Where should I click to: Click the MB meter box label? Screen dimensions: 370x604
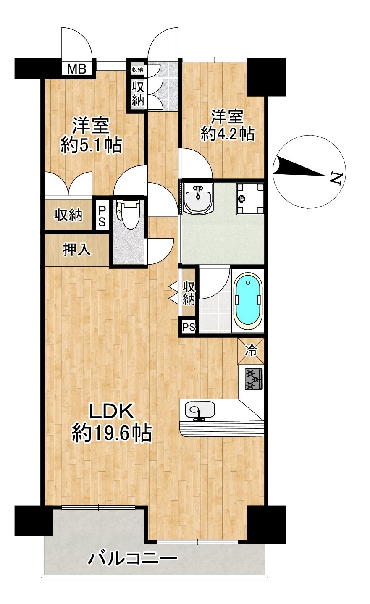click(76, 69)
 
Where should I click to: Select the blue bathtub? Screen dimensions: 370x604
click(248, 302)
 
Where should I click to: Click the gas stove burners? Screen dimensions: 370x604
click(254, 379)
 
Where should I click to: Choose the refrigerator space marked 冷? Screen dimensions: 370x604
click(251, 351)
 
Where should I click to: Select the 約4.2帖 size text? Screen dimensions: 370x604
click(227, 133)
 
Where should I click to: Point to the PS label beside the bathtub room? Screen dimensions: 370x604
click(189, 327)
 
